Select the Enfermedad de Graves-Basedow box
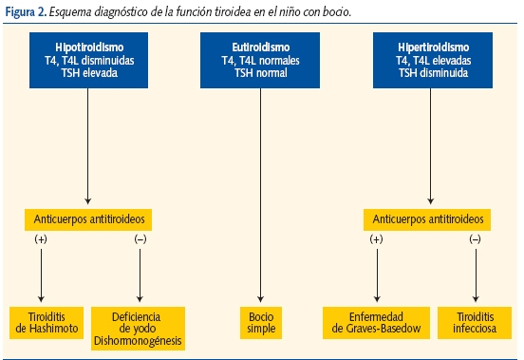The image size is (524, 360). pos(378,321)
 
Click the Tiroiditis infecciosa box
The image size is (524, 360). pos(475,321)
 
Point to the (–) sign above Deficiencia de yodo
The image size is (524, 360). pos(140,241)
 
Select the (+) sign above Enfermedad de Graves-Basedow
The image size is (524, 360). pos(378,241)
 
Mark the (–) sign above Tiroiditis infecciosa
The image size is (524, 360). pos(475,241)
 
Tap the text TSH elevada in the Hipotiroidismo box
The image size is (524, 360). pos(88,69)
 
